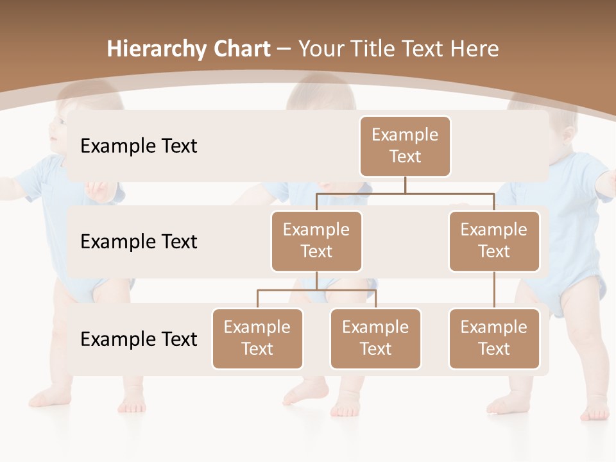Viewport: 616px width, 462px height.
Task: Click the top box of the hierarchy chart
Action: tap(405, 146)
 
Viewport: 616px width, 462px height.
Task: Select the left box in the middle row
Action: tap(316, 241)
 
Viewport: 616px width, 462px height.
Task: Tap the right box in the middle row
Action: tap(494, 241)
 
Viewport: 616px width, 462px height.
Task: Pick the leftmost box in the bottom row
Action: tap(257, 338)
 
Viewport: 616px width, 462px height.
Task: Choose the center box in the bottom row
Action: tap(375, 338)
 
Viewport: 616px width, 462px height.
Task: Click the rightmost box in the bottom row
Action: tap(494, 338)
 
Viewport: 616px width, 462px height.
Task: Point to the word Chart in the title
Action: tap(241, 49)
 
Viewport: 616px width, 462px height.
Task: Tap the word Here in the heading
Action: tap(474, 49)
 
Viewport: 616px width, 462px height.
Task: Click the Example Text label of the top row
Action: tap(139, 146)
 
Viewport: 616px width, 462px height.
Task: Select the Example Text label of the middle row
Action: tap(139, 241)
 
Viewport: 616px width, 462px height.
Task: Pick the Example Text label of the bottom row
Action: tap(139, 339)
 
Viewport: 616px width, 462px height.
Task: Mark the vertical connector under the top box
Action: tap(405, 185)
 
